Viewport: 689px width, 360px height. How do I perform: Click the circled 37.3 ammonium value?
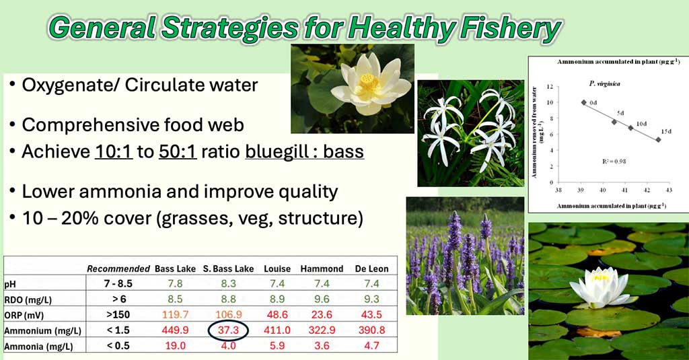click(x=228, y=330)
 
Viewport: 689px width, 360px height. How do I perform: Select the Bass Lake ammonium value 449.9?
click(x=175, y=330)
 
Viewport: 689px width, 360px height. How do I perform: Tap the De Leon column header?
click(x=371, y=268)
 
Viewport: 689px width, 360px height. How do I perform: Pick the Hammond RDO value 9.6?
click(x=322, y=299)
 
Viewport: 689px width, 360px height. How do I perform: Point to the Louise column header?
click(x=277, y=268)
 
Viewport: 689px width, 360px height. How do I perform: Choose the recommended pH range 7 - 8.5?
click(x=118, y=283)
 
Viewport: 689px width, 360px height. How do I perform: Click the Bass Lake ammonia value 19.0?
click(x=175, y=345)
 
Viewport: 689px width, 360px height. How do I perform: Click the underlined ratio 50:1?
click(x=178, y=151)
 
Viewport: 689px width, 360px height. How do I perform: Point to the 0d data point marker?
click(x=584, y=102)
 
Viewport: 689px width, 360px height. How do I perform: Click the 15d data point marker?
click(x=658, y=140)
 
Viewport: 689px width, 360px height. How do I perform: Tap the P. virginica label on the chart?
click(x=605, y=83)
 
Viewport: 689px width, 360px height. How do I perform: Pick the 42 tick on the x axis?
click(x=647, y=190)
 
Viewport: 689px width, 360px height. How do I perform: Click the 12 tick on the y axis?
click(x=550, y=86)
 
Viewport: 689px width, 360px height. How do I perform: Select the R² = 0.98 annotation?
click(x=614, y=161)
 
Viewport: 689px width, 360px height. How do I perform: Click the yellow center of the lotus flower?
click(x=369, y=82)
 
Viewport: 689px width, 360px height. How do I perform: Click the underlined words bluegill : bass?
click(x=305, y=151)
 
